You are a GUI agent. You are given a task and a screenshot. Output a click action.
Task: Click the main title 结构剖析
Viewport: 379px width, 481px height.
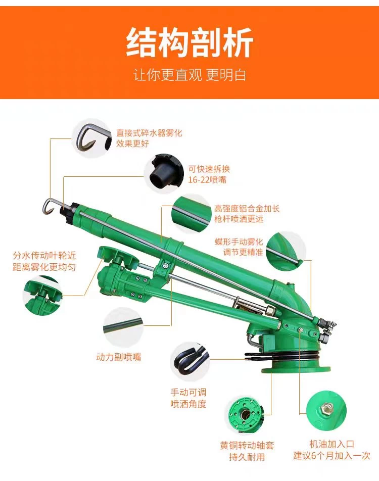coord(189,42)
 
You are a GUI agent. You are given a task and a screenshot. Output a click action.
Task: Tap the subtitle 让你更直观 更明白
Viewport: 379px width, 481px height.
coord(189,75)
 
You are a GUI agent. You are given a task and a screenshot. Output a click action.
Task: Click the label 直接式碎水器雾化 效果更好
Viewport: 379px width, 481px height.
coord(149,138)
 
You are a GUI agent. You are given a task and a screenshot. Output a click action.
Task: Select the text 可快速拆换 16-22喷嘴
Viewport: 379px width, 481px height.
coord(209,174)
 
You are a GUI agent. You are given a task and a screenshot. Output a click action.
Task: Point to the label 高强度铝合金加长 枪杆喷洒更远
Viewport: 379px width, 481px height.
coord(247,214)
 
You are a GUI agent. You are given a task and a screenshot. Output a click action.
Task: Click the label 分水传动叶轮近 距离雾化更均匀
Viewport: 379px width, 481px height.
coord(44,261)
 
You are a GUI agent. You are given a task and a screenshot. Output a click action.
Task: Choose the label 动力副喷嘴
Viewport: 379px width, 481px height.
coord(118,357)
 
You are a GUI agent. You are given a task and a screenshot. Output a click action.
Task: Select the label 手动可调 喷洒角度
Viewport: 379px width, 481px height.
coord(188,398)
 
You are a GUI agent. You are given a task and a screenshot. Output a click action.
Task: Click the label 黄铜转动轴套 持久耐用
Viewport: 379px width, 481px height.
coord(247,451)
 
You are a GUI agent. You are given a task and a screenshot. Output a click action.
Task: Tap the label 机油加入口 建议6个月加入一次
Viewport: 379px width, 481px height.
coord(331,450)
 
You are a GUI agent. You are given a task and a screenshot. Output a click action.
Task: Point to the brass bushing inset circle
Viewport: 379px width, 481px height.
coord(246,415)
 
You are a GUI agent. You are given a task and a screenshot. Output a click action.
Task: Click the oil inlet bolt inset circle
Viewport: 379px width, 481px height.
coord(326,410)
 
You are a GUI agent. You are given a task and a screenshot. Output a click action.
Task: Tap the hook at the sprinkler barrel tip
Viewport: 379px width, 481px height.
coord(50,206)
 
